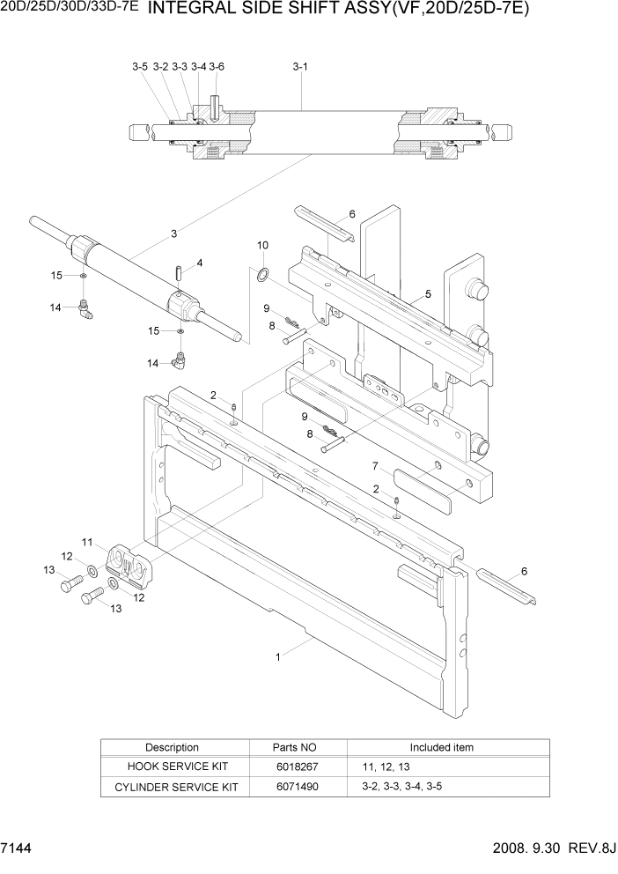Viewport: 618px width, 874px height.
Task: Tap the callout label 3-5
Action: point(140,66)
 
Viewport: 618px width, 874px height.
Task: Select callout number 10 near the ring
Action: point(262,244)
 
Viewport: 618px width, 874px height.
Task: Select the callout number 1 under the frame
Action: point(279,655)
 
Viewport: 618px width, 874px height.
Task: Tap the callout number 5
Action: point(428,293)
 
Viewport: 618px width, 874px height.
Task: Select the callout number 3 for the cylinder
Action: point(174,233)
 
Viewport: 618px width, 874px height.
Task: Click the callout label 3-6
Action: point(217,66)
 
